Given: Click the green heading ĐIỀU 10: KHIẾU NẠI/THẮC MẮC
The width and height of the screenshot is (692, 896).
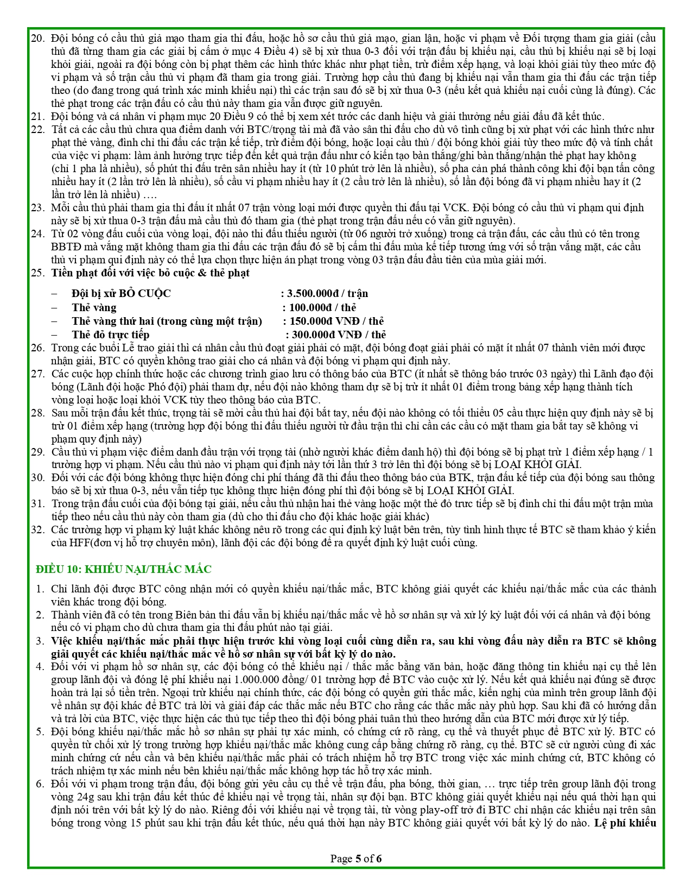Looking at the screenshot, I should [123, 569].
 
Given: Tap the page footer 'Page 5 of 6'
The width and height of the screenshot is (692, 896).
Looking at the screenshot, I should [356, 859].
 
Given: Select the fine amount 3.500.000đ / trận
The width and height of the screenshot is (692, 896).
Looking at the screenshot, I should [327, 294].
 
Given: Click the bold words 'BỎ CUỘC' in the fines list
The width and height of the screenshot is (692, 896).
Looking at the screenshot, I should [145, 294].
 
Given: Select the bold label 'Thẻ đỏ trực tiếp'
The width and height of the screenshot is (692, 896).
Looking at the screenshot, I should [110, 335].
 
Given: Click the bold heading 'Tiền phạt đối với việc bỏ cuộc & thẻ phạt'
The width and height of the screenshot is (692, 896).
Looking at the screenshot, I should [150, 273].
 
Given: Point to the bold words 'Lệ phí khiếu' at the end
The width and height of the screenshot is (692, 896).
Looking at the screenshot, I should [625, 823].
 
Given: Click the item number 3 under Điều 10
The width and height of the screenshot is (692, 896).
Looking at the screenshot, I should [40, 641].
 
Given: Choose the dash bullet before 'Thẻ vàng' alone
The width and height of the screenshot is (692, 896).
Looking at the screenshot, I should [54, 307].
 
